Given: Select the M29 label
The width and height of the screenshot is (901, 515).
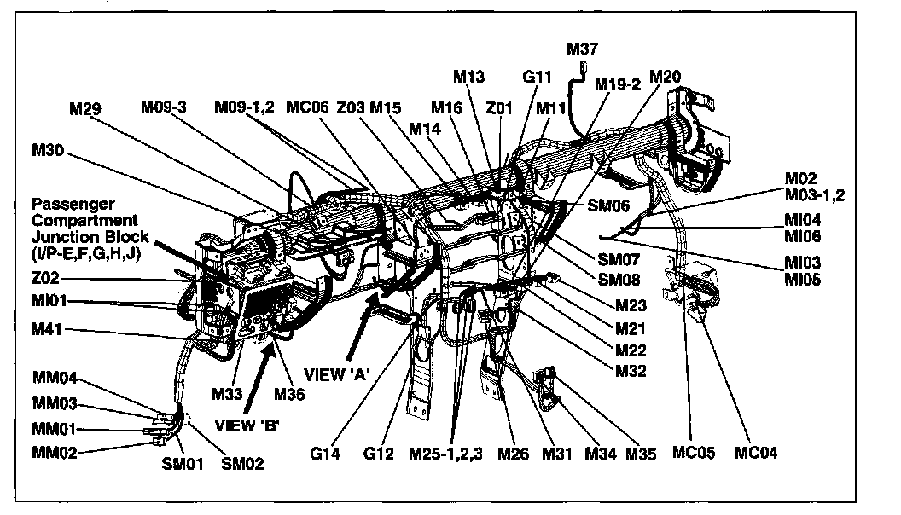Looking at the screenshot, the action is [x=88, y=108].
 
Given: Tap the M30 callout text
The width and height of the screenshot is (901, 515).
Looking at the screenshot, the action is [x=48, y=151].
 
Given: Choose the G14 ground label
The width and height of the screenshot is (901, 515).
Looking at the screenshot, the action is [x=325, y=454].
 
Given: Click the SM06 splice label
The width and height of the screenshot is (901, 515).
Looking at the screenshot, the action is [x=608, y=205].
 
